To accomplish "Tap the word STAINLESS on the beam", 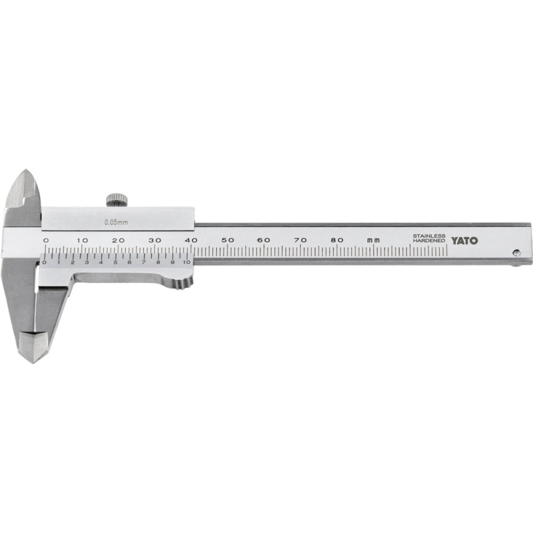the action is pos(429,236).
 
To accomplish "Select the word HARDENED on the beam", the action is pos(429,241).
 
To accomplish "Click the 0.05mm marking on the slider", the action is pos(116,223).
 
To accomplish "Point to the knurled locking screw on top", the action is pos(117,200).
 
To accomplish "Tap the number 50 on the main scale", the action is pos(228,240).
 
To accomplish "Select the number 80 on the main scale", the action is pos(337,240).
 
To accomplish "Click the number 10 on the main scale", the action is pos(82,240).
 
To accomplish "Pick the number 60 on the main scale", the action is pos(264,240).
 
